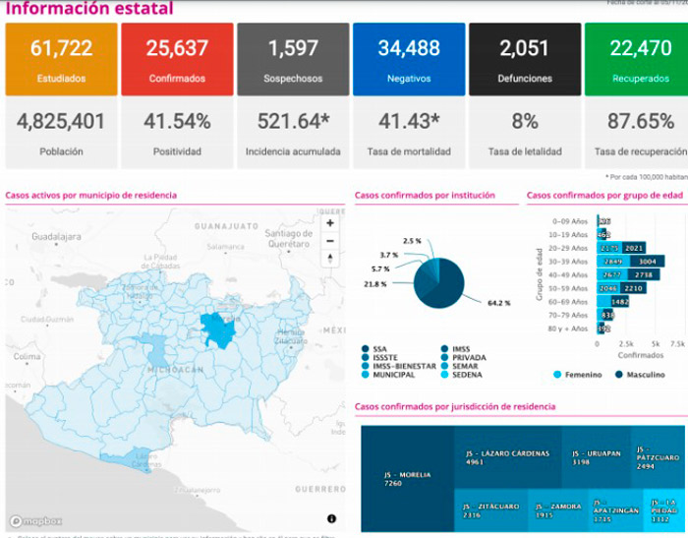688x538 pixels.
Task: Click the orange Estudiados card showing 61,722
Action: (x=61, y=58)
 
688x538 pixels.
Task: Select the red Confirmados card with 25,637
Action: (x=176, y=58)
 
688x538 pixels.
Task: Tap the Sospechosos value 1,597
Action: (x=292, y=48)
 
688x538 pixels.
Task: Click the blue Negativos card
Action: (x=408, y=58)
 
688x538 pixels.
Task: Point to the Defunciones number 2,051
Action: (x=524, y=48)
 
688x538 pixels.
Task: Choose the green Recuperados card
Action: (x=636, y=58)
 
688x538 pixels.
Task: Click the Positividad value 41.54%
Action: (x=177, y=122)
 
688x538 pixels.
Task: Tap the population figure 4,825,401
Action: (x=61, y=122)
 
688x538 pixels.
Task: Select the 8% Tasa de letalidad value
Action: (x=524, y=122)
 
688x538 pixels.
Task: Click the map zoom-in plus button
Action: (x=330, y=223)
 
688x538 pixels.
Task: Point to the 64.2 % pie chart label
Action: (x=498, y=303)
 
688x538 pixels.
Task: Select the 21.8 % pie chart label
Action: (x=374, y=283)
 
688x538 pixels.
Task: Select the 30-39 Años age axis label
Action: (x=567, y=263)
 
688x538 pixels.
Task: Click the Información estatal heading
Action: (x=89, y=9)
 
